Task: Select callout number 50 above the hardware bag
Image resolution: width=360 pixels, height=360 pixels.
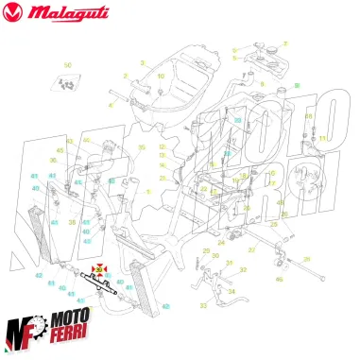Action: click(67, 64)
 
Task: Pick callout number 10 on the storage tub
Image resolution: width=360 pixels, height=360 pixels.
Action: click(161, 76)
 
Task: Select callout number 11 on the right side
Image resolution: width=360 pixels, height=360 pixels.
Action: click(321, 139)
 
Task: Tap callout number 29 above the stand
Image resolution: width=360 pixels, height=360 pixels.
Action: click(206, 249)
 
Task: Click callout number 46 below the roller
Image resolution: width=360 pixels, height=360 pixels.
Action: click(279, 280)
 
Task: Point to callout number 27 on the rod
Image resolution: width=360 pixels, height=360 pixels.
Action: click(252, 249)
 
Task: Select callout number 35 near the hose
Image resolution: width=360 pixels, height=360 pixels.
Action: click(142, 147)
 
